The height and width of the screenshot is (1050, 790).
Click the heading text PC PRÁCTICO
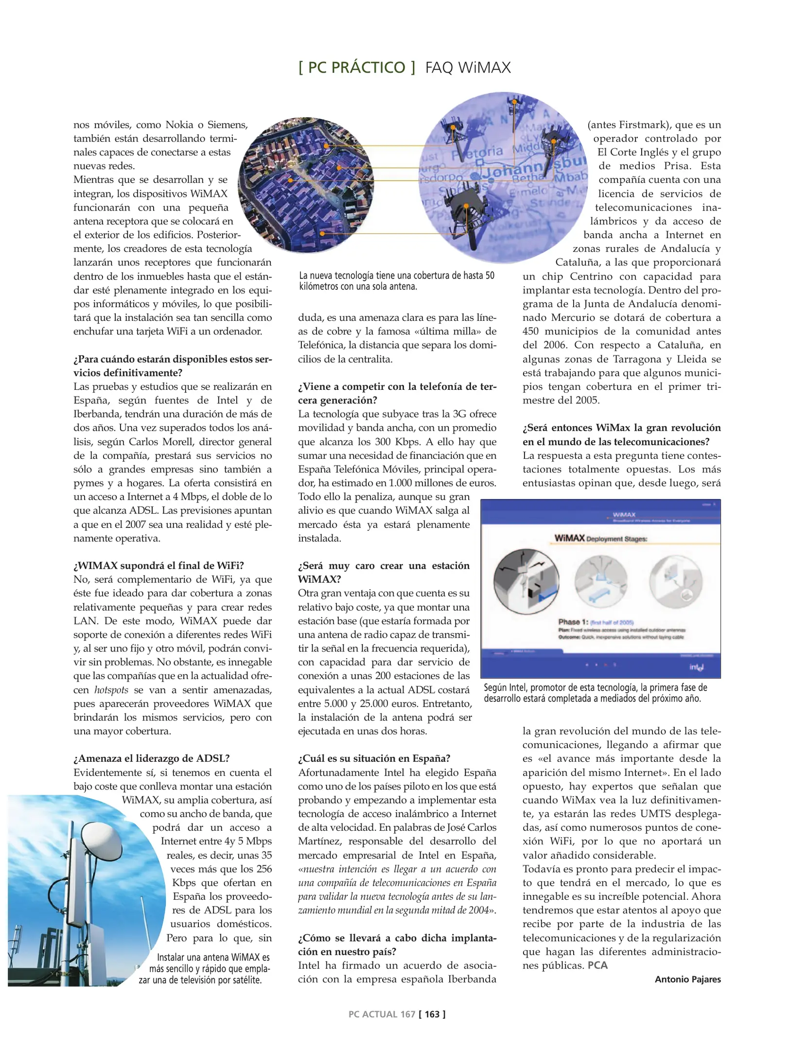tap(356, 67)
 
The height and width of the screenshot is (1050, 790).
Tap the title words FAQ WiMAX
tap(468, 67)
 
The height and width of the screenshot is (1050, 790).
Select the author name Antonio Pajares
tap(687, 979)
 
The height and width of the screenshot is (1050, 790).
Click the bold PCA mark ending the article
tap(597, 965)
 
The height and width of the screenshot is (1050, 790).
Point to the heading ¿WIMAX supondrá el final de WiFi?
tap(158, 565)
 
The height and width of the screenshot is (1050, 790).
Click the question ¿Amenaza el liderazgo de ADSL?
tap(151, 758)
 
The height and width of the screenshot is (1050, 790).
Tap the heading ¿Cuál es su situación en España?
tap(374, 758)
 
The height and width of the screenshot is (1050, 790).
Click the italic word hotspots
tap(111, 690)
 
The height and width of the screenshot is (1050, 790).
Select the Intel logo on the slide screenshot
tap(696, 667)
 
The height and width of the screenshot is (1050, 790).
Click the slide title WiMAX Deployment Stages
tap(600, 538)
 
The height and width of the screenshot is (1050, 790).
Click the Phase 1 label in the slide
tap(573, 622)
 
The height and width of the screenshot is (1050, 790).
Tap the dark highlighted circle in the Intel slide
tap(526, 581)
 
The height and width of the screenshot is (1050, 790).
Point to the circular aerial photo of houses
tap(306, 185)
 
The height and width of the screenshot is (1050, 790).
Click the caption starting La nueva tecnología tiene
tap(396, 280)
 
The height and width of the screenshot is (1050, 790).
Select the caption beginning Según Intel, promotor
tap(595, 693)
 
